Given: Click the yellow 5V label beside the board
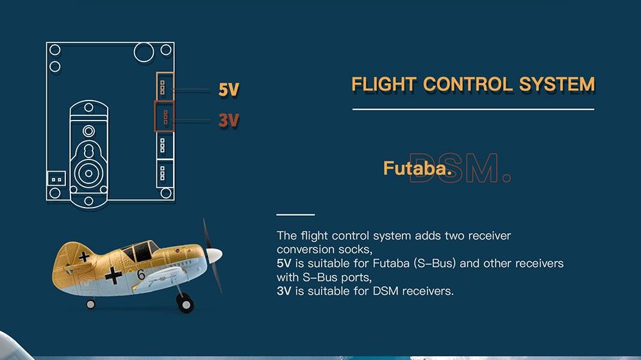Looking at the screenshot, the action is coord(229,90).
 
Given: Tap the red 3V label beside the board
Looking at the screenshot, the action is coord(229,120).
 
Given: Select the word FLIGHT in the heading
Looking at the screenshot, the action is coord(384,85).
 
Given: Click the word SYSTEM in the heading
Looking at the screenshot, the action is coord(557,85).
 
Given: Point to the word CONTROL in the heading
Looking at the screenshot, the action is coord(468,85).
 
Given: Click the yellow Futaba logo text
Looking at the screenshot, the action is coord(417,168).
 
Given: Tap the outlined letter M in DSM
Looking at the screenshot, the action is coord(482,168).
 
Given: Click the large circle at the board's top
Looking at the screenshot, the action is coord(144,53).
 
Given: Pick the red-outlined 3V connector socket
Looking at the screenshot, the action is coord(164,117).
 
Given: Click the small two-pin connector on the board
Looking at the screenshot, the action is coord(56,179).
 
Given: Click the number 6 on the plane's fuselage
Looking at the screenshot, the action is coord(141,275).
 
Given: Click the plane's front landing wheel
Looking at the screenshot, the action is coord(186,303).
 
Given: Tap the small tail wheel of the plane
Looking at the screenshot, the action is coord(91,304).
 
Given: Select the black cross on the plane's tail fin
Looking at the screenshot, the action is coord(84,257).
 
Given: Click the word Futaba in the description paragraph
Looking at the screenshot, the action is coord(391,263).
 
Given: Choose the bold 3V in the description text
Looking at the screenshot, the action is coord(284,291).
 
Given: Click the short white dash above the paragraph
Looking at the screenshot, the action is coord(296,215).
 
